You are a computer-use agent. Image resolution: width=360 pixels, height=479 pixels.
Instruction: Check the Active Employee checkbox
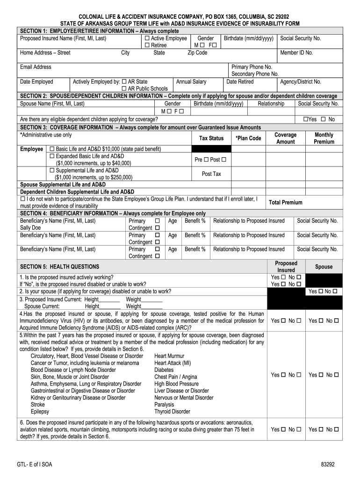coord(147,38)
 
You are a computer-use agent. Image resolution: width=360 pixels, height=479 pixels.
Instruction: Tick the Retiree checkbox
coord(147,45)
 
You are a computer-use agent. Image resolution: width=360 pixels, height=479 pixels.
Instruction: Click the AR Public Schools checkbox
coord(124,89)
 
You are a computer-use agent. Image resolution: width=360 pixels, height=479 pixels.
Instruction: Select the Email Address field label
coord(36,67)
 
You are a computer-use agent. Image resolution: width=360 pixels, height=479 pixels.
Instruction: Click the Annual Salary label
coord(191,82)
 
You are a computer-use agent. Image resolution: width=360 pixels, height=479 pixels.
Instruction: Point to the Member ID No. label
coord(296,53)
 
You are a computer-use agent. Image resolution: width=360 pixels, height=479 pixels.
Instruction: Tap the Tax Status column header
coord(211,138)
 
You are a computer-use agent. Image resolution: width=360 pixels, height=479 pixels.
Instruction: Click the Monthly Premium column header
coord(324,138)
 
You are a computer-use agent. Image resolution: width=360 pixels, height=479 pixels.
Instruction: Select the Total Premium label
coord(285,203)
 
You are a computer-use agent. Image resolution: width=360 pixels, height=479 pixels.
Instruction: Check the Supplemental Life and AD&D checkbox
coord(52,171)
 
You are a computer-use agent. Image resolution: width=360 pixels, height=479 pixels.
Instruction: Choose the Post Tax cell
coord(211,174)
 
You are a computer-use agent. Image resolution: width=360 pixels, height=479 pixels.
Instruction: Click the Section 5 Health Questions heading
coord(59,267)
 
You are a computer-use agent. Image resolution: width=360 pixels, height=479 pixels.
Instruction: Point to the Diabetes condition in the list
coord(164,370)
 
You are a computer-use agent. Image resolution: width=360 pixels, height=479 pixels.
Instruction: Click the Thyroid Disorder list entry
coord(172,412)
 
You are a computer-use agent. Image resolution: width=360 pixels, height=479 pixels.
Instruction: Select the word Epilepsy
coord(40,412)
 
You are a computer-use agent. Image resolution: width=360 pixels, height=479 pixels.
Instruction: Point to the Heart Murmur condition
coord(169,356)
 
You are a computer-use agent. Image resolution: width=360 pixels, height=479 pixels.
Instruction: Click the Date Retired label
coord(240,82)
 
